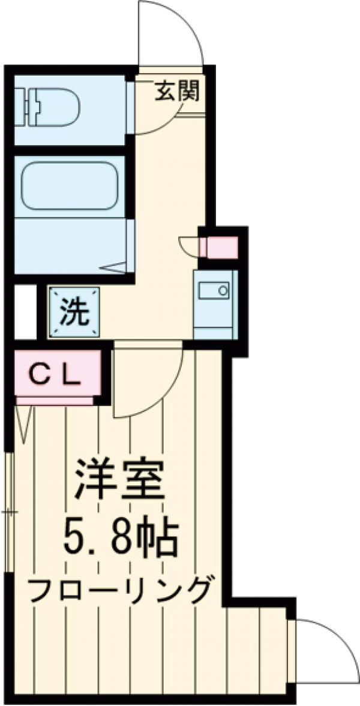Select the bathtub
click(69, 187)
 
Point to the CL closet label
click(55, 376)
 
